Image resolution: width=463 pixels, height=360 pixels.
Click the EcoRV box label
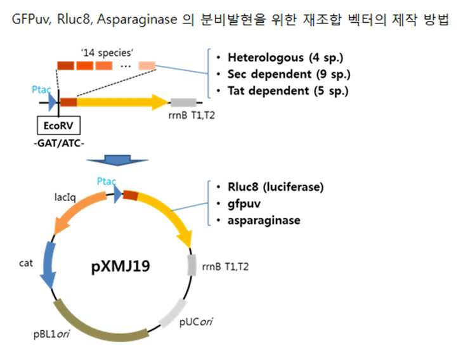coord(58,125)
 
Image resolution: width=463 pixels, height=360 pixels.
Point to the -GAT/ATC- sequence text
coord(59,143)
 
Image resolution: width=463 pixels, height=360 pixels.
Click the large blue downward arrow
coord(117,160)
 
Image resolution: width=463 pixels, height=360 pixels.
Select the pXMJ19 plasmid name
coord(121,266)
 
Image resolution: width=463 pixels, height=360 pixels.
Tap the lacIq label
coord(65,197)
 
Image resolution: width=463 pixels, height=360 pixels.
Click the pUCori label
coord(196,321)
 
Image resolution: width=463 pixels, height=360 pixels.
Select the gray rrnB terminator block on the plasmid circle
coord(192,265)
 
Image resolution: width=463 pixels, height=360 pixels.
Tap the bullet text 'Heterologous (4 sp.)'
coord(285,58)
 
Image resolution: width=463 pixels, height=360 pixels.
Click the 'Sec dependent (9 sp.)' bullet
coord(289,74)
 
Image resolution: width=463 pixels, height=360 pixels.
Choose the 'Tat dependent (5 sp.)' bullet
coord(288,91)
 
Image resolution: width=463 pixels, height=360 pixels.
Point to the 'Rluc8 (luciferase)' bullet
coord(275,187)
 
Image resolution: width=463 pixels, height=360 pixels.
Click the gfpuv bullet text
coord(244,203)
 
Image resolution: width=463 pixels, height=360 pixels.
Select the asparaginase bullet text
coord(264,220)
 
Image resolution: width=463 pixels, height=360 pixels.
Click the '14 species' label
coord(107,53)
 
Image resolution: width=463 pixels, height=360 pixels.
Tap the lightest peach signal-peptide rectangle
coord(147,65)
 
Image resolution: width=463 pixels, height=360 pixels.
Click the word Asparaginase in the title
coord(137,20)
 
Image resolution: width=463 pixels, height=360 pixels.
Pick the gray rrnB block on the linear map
coord(183,103)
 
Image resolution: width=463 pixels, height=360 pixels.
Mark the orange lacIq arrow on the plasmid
coord(78,211)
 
